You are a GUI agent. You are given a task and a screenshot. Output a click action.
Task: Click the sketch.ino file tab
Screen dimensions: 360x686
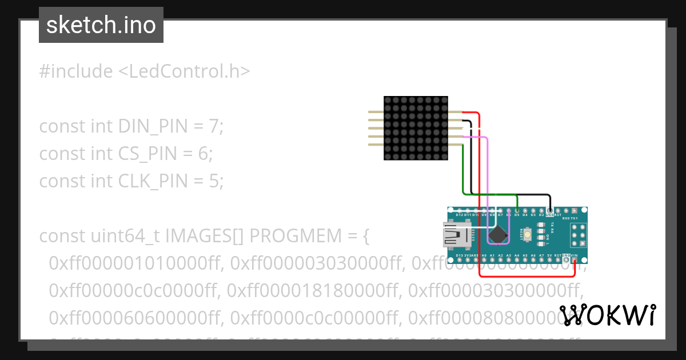101,25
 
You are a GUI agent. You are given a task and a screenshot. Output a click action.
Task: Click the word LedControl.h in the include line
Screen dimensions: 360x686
185,71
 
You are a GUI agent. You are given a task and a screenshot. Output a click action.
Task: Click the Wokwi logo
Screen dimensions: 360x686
608,315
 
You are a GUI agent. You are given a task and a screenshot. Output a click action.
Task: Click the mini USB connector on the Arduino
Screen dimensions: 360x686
457,234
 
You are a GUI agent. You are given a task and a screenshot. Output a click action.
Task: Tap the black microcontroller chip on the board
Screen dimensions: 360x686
497,234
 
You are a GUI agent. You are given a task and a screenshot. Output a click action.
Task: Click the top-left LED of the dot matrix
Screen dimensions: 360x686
388,100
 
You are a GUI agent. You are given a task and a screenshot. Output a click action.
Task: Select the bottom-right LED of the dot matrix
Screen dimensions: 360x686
443,156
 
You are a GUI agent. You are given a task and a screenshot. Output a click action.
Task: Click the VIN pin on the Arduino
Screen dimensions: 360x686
575,259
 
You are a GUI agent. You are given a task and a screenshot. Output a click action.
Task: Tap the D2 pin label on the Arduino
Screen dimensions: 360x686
541,215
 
